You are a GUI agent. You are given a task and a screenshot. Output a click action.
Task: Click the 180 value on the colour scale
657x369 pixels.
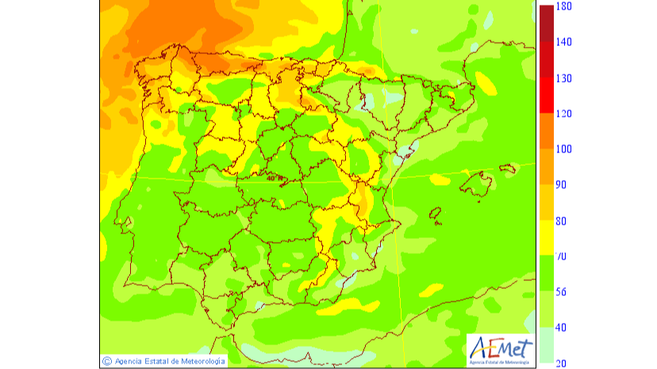click(x=565, y=6)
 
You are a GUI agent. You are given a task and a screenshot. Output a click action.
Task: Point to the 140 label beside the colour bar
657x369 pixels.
click(x=565, y=42)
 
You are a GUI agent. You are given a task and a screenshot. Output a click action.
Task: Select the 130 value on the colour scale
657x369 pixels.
click(x=565, y=78)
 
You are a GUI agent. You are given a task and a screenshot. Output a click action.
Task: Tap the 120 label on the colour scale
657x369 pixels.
click(x=565, y=113)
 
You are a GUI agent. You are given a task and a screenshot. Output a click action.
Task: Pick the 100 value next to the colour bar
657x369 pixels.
click(x=565, y=149)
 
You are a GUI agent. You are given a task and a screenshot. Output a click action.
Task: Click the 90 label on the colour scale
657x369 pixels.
click(x=561, y=185)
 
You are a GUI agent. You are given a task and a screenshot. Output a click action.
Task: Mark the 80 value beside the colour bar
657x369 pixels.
click(x=561, y=221)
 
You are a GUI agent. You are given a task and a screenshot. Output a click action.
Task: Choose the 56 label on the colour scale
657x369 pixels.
click(x=561, y=292)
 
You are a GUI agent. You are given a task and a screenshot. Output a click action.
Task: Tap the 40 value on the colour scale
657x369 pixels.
click(x=561, y=328)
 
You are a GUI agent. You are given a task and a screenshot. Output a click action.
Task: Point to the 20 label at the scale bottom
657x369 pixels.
click(x=561, y=363)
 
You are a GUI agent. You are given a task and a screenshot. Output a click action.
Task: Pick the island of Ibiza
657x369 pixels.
click(x=436, y=213)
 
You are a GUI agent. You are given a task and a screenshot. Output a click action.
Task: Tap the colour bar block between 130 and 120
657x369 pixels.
click(x=546, y=95)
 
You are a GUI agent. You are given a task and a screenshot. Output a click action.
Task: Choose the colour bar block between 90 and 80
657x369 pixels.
click(x=546, y=202)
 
